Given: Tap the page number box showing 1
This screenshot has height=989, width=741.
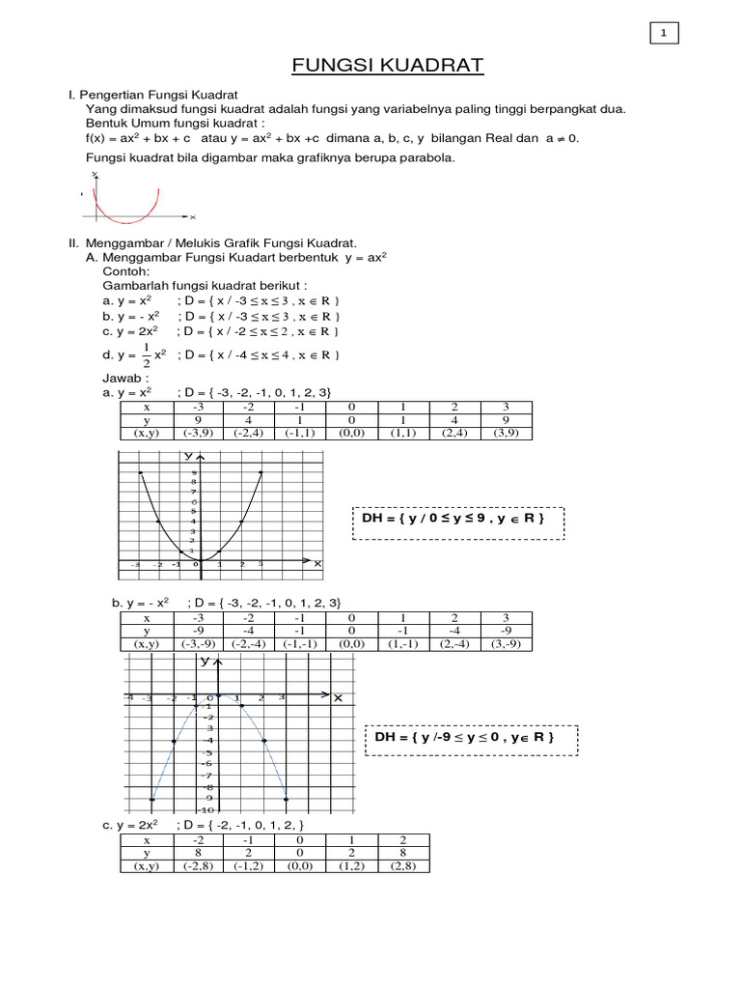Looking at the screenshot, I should click(x=664, y=34).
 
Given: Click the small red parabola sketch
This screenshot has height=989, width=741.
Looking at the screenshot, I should click(x=124, y=198).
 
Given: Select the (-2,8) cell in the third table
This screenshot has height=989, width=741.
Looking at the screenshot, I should click(x=199, y=866).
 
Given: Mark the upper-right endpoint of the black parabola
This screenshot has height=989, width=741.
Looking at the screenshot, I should click(x=261, y=472).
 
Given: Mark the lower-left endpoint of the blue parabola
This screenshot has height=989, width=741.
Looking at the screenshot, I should click(x=152, y=799).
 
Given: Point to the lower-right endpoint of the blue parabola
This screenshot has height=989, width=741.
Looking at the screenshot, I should click(x=287, y=799).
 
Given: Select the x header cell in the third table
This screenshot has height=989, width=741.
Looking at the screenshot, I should click(x=147, y=840).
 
